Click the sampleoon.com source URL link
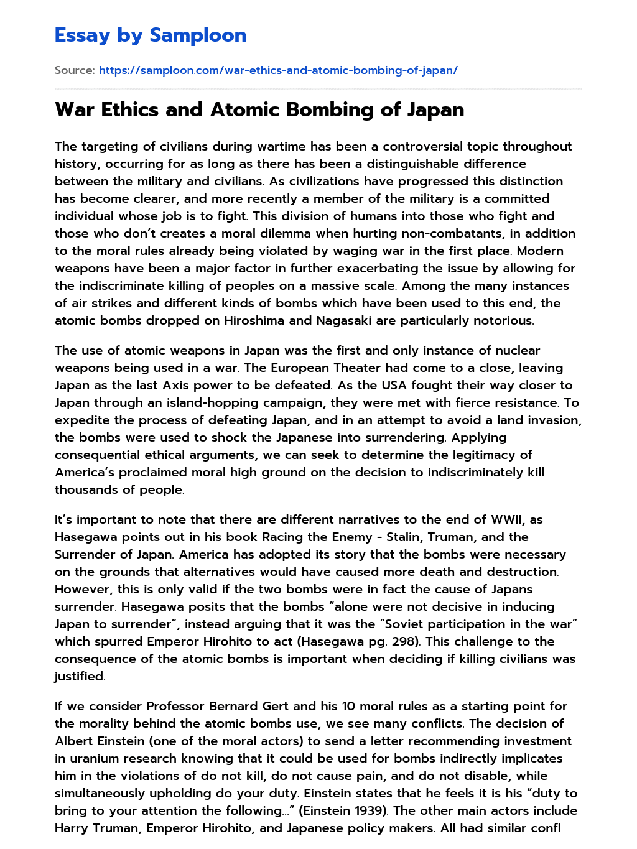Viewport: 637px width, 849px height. click(x=278, y=70)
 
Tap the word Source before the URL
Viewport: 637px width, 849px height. click(x=74, y=70)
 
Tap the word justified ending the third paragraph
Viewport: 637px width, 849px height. click(x=79, y=676)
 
